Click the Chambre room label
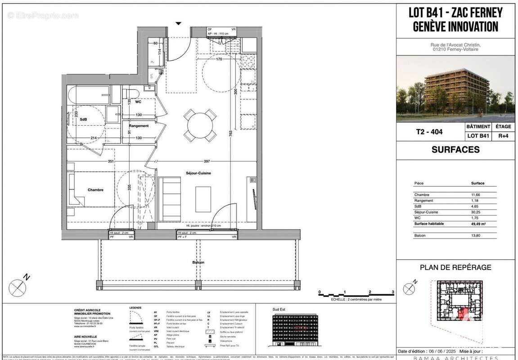pos(83,190)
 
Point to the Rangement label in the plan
pos(139,126)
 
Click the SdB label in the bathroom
pos(83,119)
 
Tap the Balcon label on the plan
pos(198,262)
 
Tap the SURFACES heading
pos(455,150)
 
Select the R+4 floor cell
pos(503,135)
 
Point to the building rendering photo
pos(455,88)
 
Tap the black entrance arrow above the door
pos(179,23)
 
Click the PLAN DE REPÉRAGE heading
pos(455,267)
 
